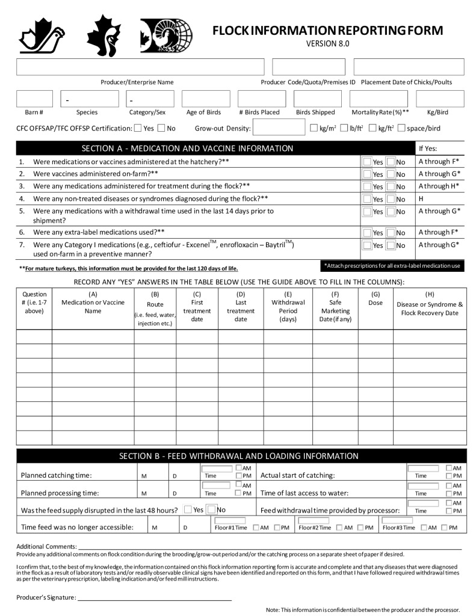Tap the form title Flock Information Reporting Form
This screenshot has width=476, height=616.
click(327, 31)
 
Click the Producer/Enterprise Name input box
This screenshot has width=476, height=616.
click(140, 67)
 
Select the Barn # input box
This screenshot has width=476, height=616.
click(34, 99)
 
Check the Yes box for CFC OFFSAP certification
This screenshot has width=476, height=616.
click(138, 128)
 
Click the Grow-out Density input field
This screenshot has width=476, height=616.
click(279, 128)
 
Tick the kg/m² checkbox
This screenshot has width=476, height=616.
click(314, 128)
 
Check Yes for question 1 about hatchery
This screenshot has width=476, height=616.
click(367, 162)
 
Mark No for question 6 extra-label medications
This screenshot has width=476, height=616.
click(391, 232)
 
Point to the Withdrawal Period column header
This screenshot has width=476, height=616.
click(288, 307)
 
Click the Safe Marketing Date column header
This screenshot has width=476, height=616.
click(335, 307)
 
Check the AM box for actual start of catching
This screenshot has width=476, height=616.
click(450, 468)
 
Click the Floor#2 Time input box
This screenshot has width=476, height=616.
click(314, 520)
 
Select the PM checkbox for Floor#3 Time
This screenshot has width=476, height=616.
click(444, 528)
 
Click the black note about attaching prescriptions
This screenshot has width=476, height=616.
click(392, 265)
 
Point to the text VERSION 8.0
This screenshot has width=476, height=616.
click(327, 43)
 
